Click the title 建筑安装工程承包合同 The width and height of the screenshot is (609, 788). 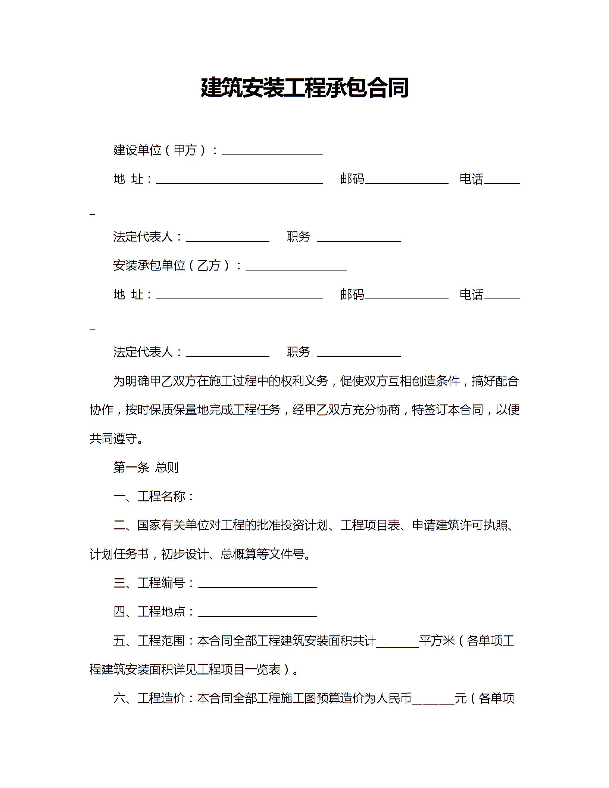point(304,88)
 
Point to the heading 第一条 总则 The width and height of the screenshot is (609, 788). point(146,468)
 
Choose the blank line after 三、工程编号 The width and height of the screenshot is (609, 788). point(257,583)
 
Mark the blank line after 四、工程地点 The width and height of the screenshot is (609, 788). point(257,612)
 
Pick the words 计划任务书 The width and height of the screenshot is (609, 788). point(119,554)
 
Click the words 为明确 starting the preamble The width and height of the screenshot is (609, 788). point(131,381)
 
